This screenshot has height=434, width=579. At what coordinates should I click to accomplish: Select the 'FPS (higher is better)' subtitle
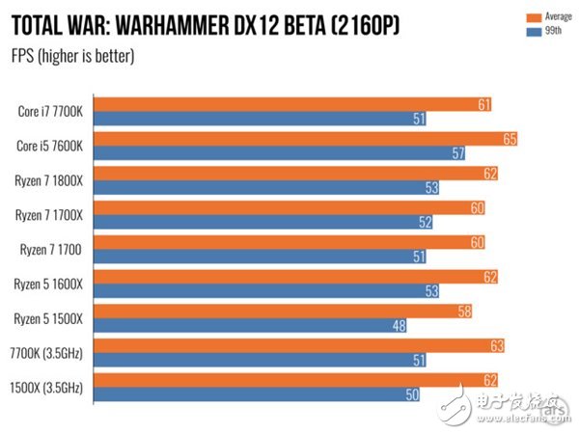(72, 55)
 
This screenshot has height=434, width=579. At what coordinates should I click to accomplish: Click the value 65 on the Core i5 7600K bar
(510, 139)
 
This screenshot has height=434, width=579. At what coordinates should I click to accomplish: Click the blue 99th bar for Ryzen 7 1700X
(261, 223)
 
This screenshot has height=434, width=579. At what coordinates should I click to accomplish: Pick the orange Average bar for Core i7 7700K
(289, 104)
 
